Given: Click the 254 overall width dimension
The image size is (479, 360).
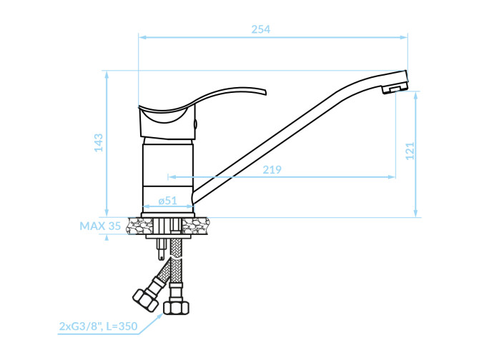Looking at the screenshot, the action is [x=260, y=29].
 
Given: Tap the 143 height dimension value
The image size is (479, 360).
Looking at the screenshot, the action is [x=99, y=142].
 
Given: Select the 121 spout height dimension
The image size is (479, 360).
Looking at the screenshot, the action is [x=410, y=151].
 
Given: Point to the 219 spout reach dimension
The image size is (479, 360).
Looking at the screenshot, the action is [x=272, y=169].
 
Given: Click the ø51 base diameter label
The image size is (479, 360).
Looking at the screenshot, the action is [x=168, y=201].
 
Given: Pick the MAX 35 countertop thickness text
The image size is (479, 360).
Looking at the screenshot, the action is [x=100, y=226].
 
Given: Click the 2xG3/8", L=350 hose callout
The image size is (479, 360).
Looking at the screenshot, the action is [x=98, y=326].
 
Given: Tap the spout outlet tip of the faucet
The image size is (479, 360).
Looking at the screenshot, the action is [x=395, y=89].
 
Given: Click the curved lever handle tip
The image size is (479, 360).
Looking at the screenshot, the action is [x=265, y=91].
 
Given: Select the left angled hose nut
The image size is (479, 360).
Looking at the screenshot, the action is [x=145, y=300].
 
